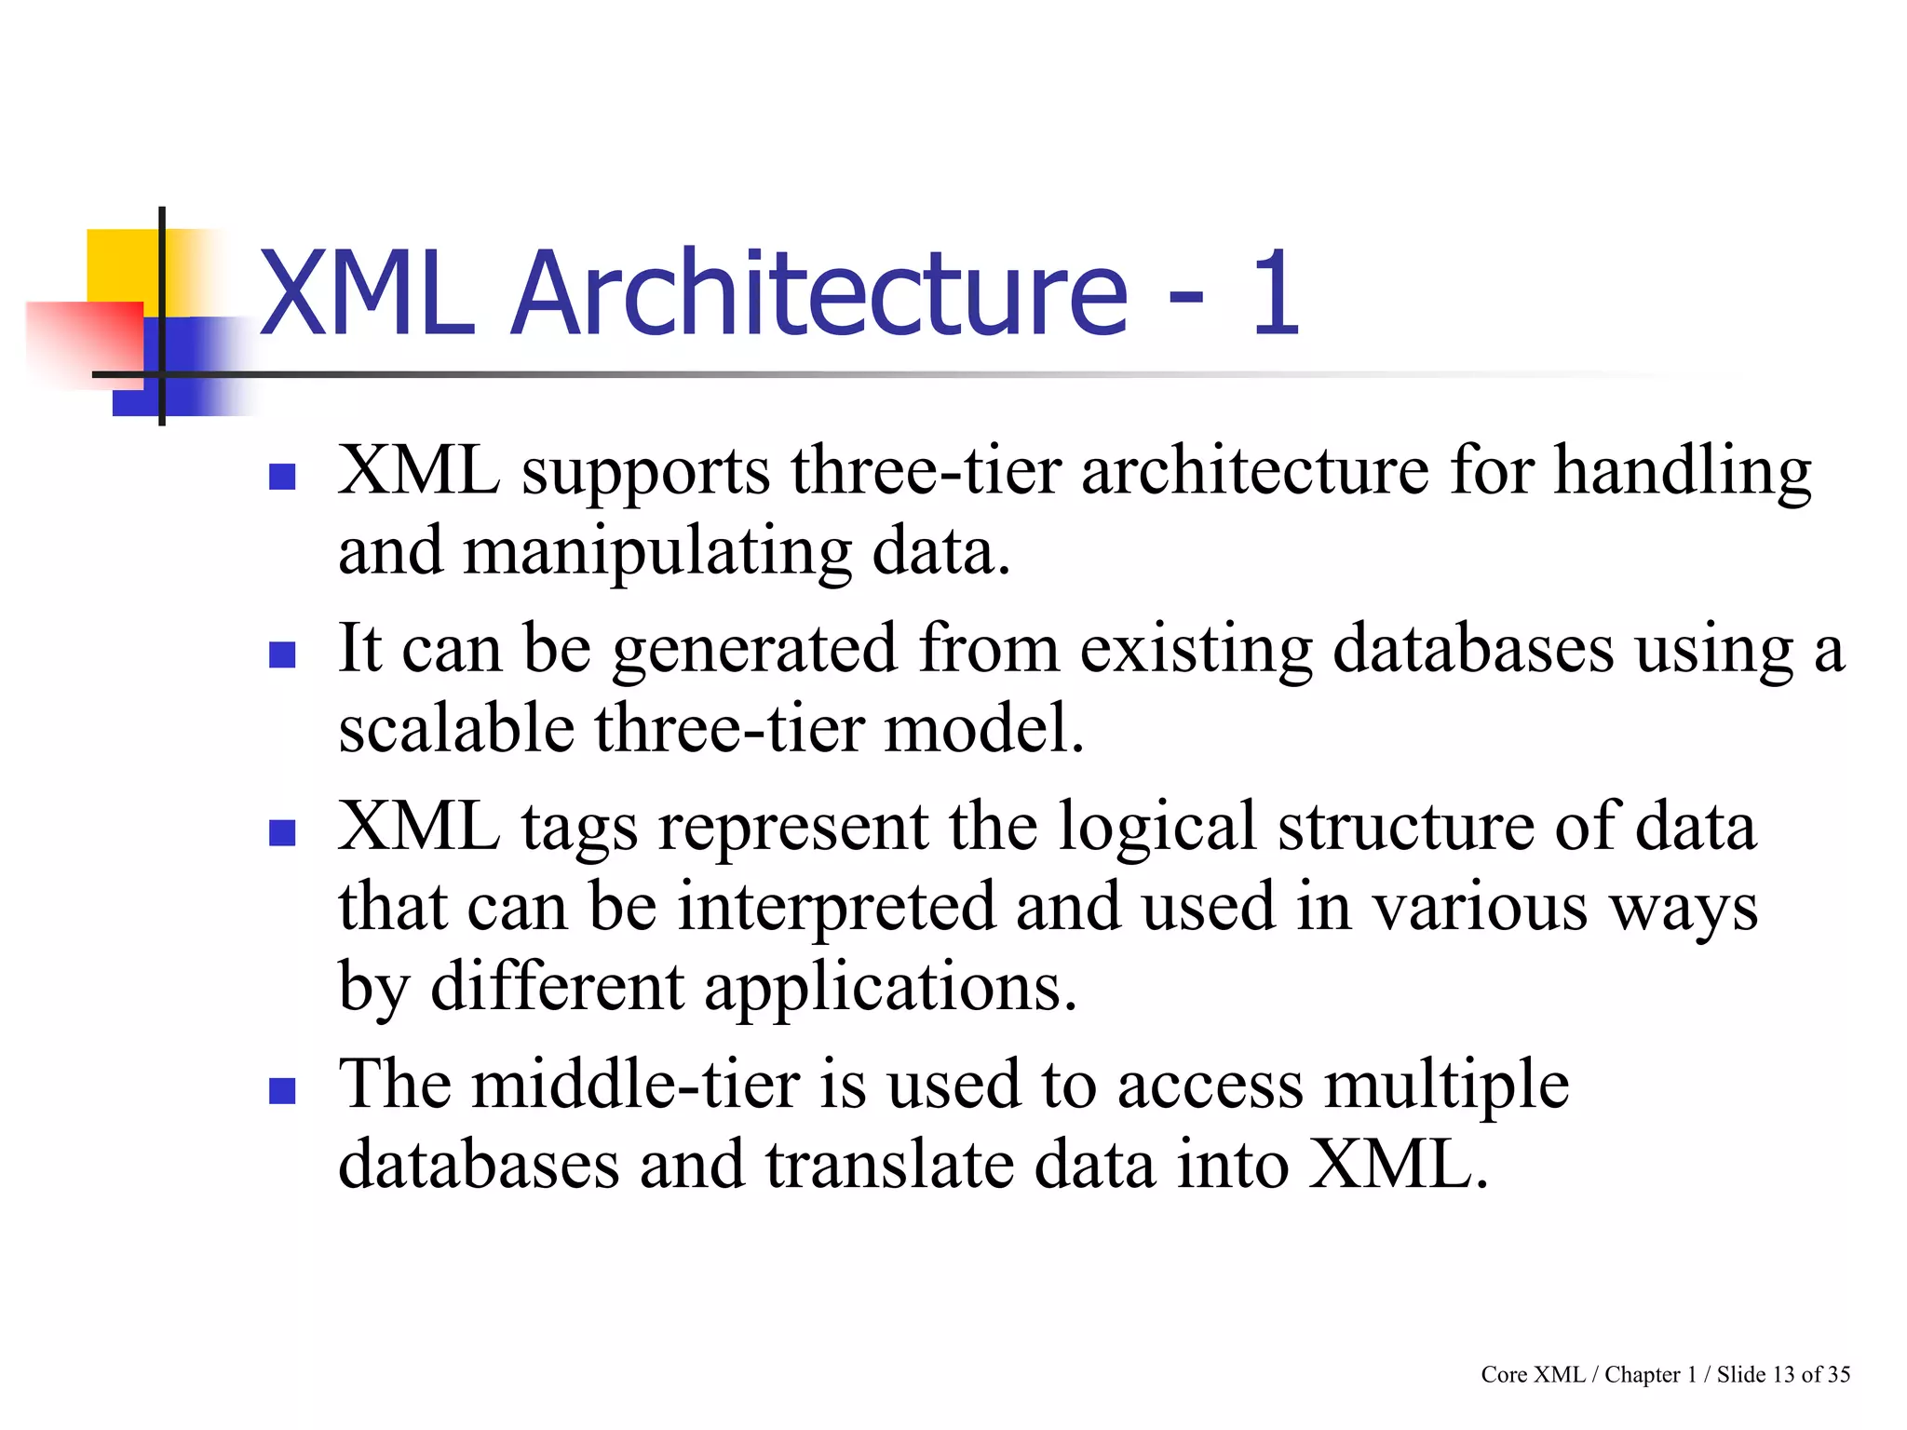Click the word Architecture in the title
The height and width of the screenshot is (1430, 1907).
pos(819,293)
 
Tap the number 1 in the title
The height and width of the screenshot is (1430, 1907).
pos(1274,293)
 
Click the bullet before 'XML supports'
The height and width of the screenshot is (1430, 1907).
pos(282,478)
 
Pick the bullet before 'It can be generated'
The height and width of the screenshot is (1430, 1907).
pos(282,654)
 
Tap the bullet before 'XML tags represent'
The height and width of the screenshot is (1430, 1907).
pos(282,831)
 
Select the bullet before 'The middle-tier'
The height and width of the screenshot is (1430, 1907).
pos(282,1090)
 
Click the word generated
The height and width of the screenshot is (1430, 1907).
pos(754,650)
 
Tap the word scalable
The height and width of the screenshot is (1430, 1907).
pos(456,728)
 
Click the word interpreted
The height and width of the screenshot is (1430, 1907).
pos(835,909)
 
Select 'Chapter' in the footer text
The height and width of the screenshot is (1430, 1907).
pos(1642,1375)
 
